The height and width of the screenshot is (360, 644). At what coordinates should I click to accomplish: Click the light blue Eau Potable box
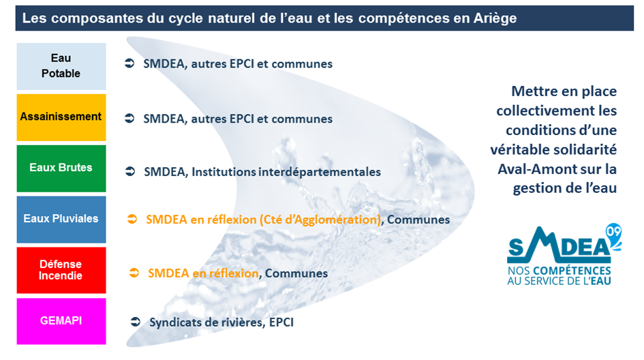(61, 66)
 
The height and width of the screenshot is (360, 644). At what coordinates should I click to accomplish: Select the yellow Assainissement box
(61, 117)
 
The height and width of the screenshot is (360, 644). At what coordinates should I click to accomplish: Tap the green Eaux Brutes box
(61, 168)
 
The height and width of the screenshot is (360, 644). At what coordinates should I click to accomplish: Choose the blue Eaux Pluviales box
(61, 219)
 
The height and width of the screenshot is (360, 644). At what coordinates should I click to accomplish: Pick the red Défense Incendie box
(61, 270)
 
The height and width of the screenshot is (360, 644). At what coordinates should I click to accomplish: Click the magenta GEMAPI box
(61, 321)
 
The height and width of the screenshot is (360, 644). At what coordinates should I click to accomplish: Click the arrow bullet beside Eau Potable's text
(129, 63)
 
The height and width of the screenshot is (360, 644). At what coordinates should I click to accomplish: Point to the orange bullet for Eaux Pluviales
(132, 219)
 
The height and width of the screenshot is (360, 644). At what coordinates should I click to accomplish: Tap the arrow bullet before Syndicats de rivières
(136, 322)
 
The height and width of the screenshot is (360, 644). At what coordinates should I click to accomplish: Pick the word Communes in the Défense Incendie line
(296, 273)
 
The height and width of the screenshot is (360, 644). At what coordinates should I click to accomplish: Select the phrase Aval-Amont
(533, 169)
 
